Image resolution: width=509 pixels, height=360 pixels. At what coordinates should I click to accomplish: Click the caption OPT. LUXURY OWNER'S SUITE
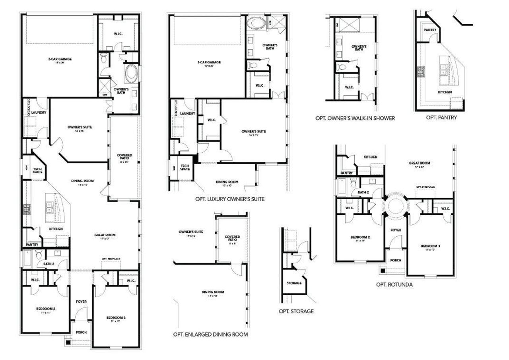click(x=229, y=198)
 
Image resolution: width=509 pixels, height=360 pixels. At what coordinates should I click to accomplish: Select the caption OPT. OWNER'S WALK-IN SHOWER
click(x=355, y=118)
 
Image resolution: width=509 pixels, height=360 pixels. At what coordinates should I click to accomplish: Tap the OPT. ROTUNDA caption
click(x=394, y=284)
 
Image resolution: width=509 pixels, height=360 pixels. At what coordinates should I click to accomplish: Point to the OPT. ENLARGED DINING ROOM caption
click(x=210, y=334)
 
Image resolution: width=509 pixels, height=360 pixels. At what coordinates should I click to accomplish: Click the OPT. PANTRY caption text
click(x=441, y=117)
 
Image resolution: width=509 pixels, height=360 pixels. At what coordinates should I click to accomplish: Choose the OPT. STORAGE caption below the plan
click(x=296, y=311)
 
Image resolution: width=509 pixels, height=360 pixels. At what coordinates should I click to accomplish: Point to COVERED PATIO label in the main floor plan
click(x=124, y=157)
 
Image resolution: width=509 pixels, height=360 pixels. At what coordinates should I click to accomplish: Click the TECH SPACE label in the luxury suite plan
click(x=185, y=167)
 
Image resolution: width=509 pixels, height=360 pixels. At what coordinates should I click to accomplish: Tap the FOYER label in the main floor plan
click(x=81, y=302)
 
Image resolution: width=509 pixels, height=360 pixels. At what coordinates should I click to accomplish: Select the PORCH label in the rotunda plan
click(x=395, y=260)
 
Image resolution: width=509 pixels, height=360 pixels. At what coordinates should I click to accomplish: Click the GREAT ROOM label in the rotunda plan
click(x=420, y=163)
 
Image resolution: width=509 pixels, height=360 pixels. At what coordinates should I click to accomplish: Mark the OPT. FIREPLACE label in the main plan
click(x=111, y=259)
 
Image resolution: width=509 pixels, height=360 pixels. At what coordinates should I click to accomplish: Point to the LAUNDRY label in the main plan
click(x=38, y=113)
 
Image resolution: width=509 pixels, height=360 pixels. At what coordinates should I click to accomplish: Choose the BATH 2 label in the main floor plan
click(x=49, y=263)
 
